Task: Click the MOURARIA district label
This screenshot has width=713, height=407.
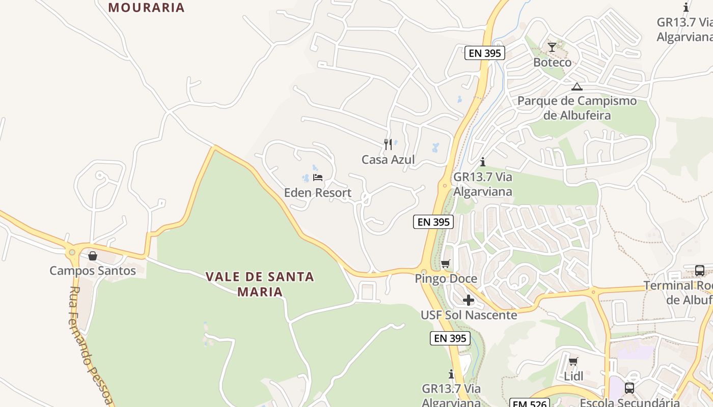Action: tap(146, 8)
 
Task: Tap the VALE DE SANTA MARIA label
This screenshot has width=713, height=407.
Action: tap(260, 284)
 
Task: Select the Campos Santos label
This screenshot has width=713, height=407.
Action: tap(93, 270)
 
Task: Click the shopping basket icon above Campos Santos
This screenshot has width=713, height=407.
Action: tap(93, 255)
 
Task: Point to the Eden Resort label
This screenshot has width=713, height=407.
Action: tap(318, 193)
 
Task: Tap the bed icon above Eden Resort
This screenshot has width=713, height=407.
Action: tap(318, 178)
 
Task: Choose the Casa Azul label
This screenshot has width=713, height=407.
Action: tap(388, 159)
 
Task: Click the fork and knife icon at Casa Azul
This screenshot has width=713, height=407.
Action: tap(388, 144)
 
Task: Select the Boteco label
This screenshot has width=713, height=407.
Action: tap(552, 62)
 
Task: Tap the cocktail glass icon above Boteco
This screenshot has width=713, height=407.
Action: tap(552, 47)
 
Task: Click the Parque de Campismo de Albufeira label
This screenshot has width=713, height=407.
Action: tap(577, 108)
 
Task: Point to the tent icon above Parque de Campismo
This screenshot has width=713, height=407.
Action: tap(577, 86)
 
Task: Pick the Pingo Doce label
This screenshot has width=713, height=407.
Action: tap(446, 278)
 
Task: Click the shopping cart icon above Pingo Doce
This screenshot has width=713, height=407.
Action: tap(446, 264)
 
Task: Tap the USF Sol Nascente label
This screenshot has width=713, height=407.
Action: tap(469, 315)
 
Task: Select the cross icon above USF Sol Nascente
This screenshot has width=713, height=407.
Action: tap(469, 300)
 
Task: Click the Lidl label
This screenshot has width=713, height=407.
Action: tap(573, 376)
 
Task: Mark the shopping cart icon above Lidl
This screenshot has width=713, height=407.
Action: tap(573, 362)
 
